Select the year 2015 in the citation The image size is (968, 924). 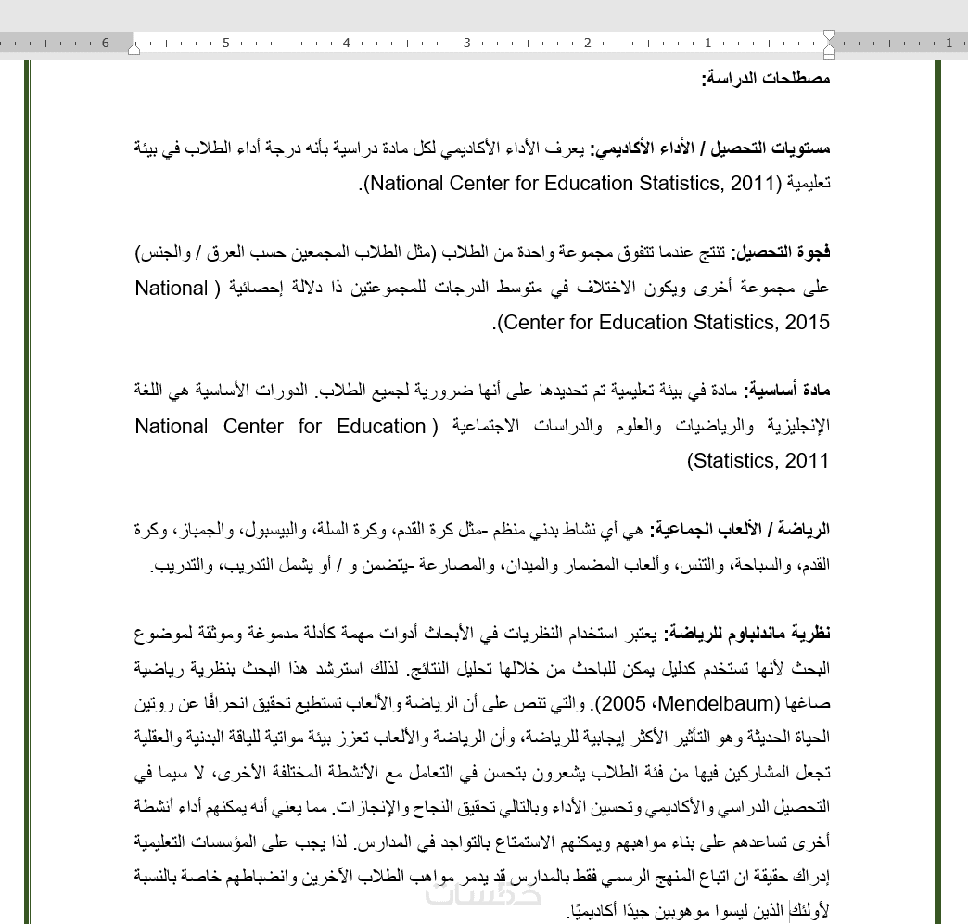pyautogui.click(x=805, y=323)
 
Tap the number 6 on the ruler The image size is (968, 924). pyautogui.click(x=106, y=44)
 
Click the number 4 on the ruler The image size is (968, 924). pyautogui.click(x=347, y=44)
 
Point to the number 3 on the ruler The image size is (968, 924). pyautogui.click(x=467, y=44)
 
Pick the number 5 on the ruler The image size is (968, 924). pyautogui.click(x=226, y=44)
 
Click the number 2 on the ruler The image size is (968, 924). pyautogui.click(x=588, y=44)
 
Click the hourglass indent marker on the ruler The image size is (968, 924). pyautogui.click(x=829, y=43)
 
